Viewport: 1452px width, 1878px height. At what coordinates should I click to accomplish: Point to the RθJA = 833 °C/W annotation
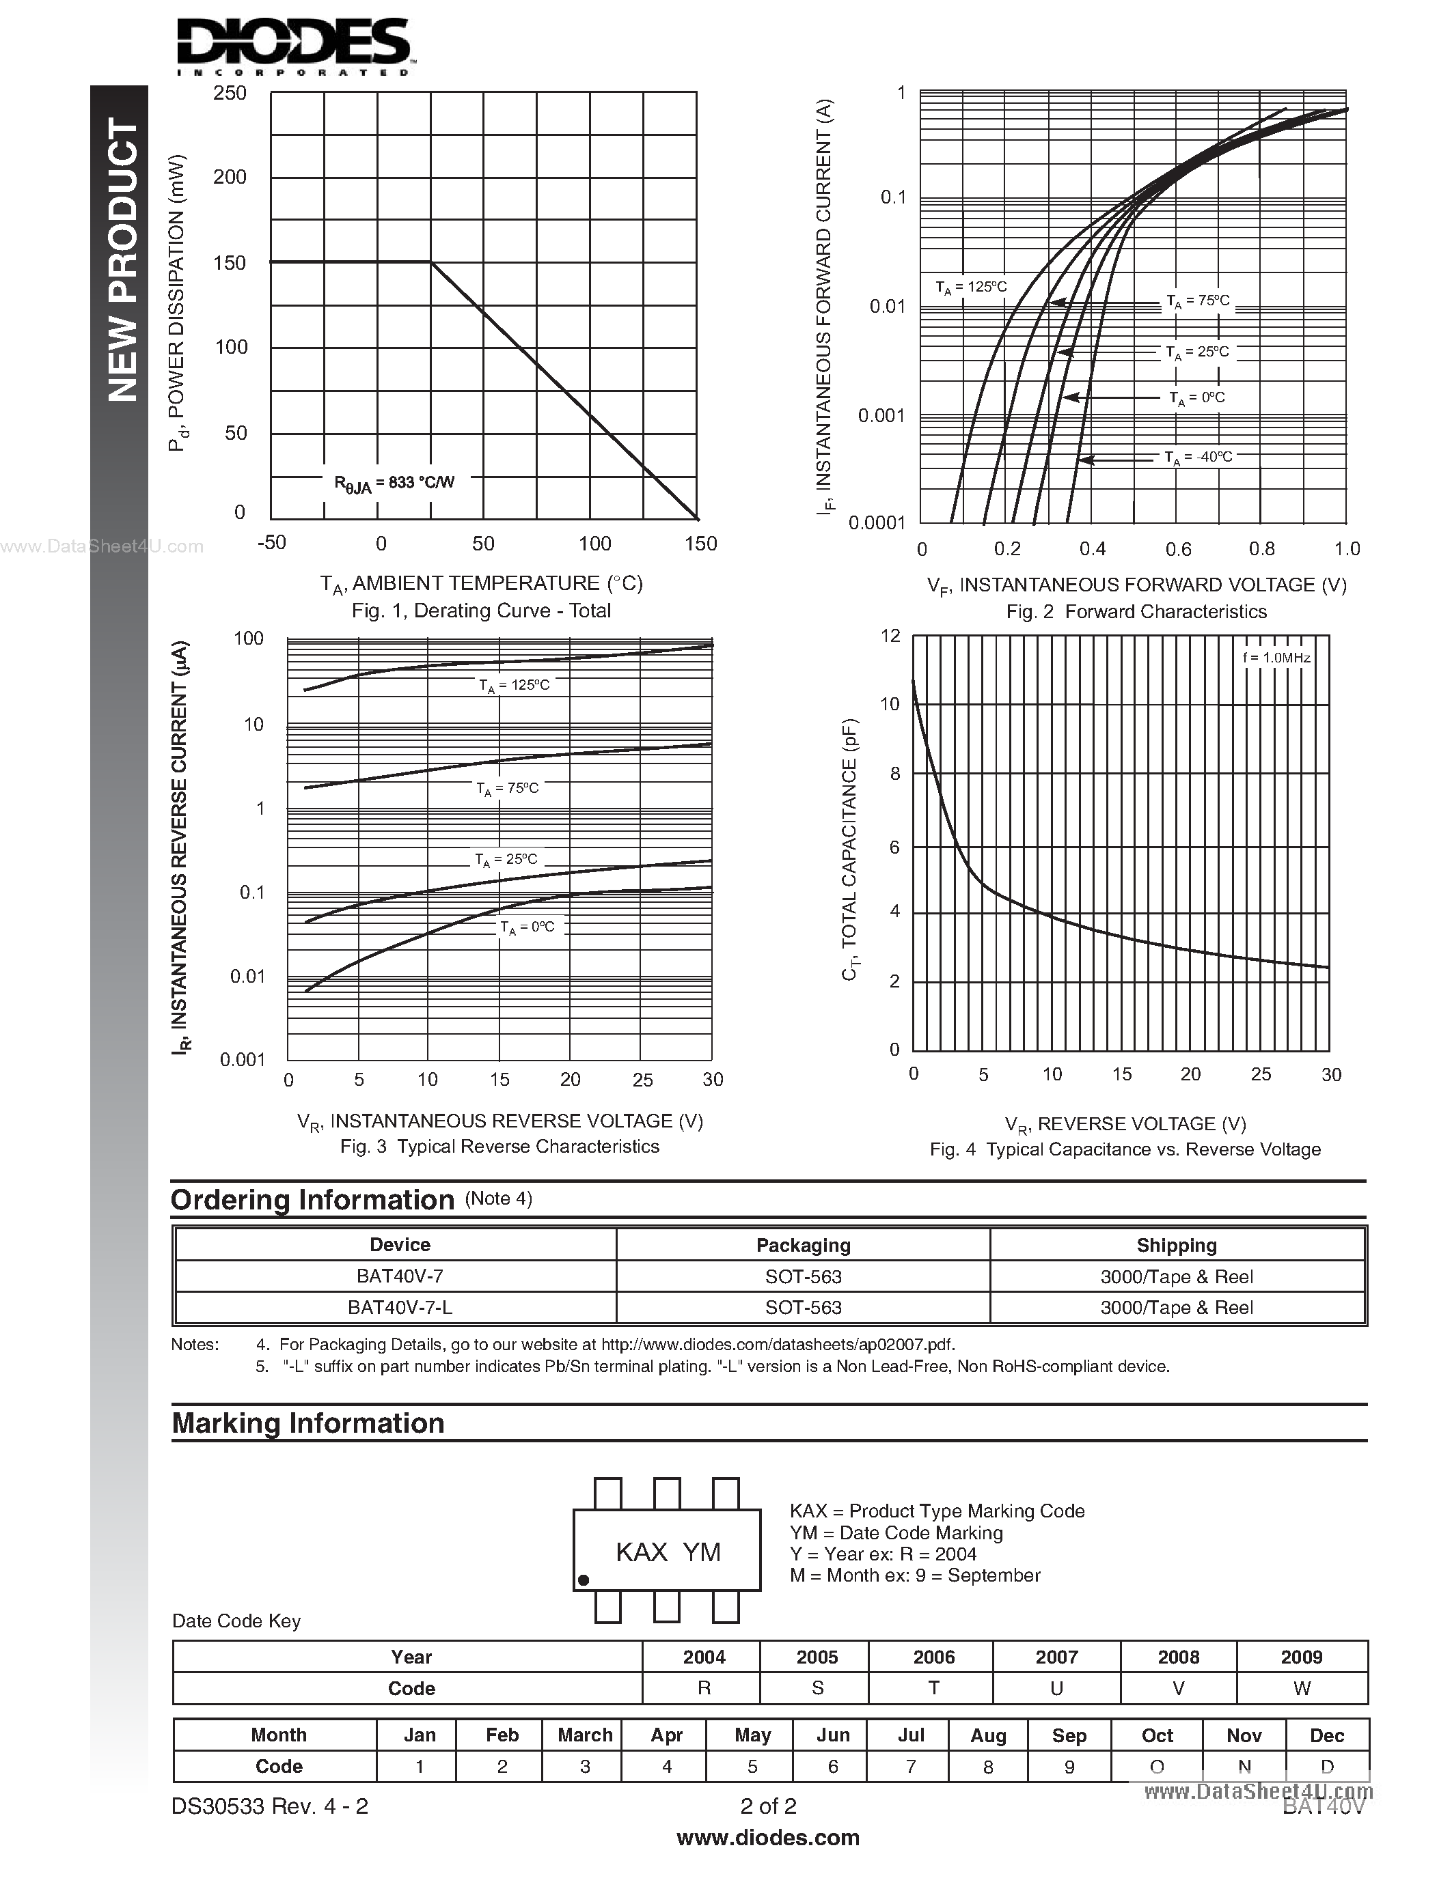[394, 484]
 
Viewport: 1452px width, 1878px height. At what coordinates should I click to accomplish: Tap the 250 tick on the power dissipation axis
[230, 93]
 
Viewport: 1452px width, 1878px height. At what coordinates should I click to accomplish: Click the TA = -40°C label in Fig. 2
[1198, 458]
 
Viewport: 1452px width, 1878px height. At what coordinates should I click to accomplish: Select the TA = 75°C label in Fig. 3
[508, 789]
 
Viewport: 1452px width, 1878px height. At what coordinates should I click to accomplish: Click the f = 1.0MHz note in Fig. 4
[1276, 658]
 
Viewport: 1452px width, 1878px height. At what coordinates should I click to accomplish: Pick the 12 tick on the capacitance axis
[890, 636]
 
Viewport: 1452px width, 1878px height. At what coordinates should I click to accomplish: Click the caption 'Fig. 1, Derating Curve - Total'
[481, 611]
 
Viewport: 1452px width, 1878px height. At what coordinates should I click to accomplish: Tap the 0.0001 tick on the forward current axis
[877, 523]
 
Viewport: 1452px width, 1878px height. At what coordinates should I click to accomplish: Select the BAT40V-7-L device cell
[400, 1307]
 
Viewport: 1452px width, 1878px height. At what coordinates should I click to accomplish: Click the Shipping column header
[1176, 1245]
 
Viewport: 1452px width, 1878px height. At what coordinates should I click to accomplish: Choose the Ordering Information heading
[312, 1200]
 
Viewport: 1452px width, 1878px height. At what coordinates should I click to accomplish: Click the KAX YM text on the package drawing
[668, 1552]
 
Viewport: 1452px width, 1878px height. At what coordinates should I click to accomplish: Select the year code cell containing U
[1056, 1688]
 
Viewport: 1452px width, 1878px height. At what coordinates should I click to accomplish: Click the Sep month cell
[1069, 1735]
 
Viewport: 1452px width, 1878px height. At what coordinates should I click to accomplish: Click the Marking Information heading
[308, 1423]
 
